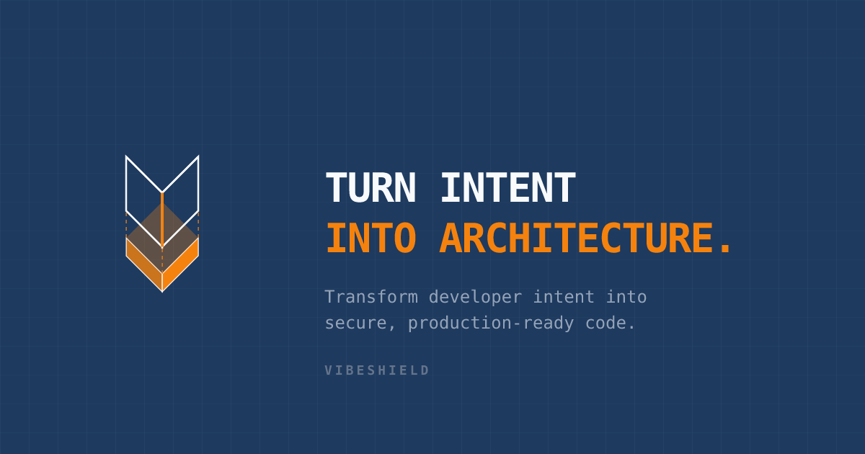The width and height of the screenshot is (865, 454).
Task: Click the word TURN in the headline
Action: coord(370,188)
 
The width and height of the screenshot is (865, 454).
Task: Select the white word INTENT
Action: coord(507,188)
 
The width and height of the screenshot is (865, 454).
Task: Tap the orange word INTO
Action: coord(370,239)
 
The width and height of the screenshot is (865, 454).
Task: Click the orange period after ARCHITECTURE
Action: coord(725,249)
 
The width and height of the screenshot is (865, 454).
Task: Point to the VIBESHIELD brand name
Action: coord(376,370)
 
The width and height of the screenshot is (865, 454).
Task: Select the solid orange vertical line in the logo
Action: coord(162,216)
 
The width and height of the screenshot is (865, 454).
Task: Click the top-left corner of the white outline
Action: coord(126,156)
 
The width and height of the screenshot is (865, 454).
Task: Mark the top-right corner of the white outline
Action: coord(198,156)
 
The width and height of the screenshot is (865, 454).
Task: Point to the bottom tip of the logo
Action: coord(162,291)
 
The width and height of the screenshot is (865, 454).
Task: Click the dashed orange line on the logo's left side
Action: coord(126,225)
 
